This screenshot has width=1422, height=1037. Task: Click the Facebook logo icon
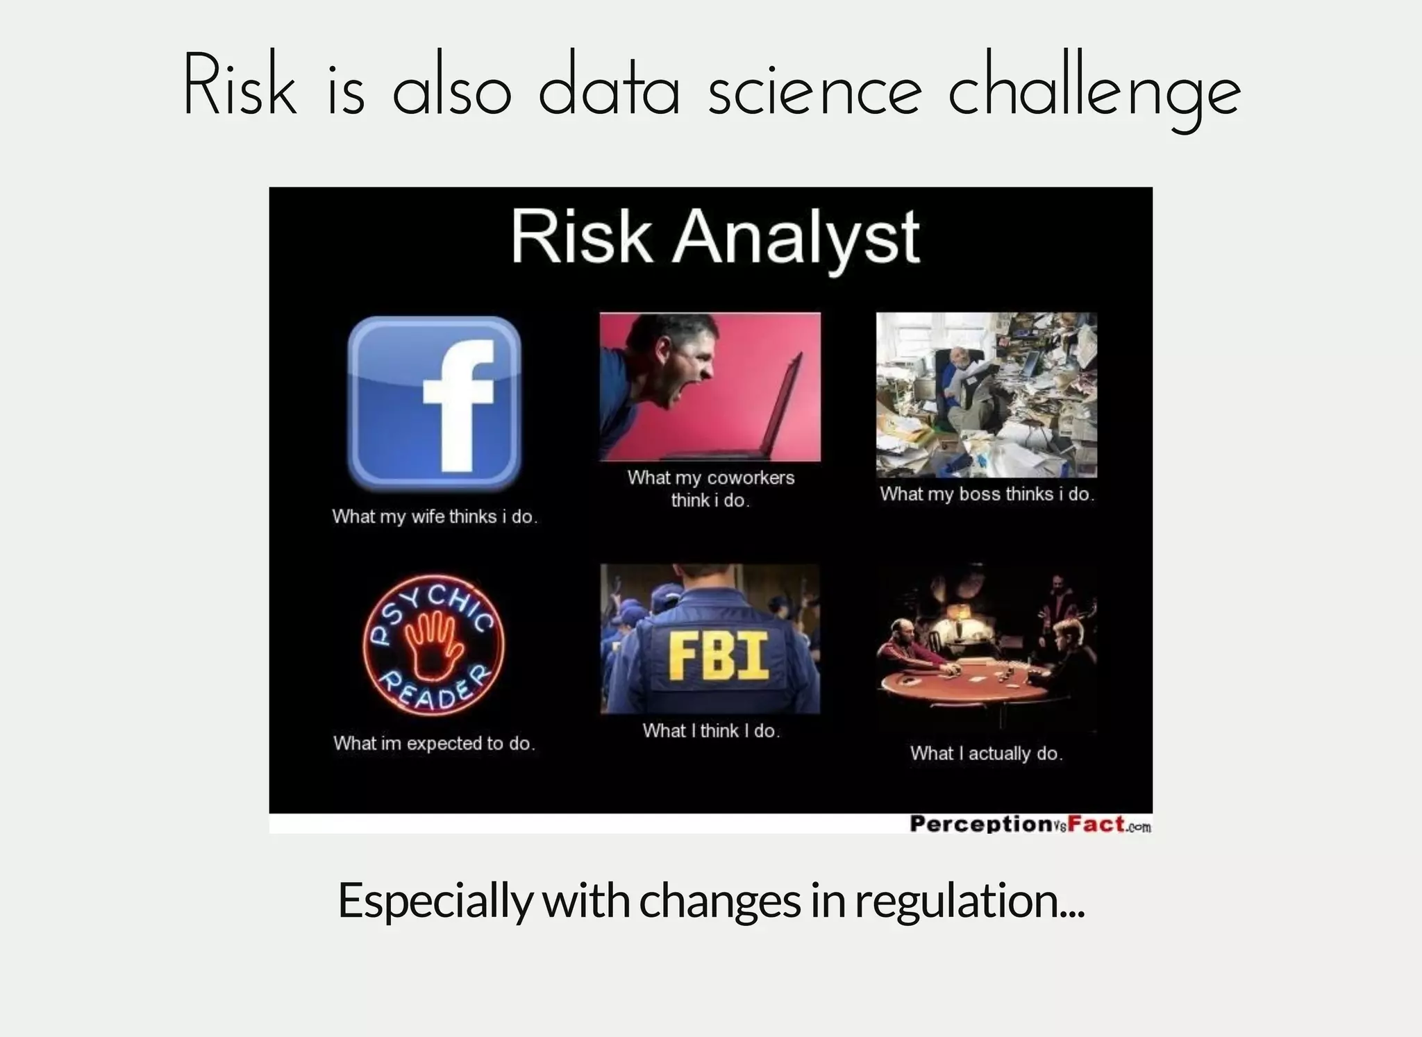434,403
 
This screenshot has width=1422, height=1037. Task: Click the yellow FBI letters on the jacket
718,657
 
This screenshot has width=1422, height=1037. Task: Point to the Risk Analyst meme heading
715,237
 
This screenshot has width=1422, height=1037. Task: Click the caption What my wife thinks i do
435,516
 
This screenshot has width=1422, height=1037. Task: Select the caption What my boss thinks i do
987,494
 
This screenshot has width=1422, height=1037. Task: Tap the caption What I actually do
986,753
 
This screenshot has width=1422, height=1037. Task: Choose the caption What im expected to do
434,743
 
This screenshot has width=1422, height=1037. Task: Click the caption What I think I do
711,731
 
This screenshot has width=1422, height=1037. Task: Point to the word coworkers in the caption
751,478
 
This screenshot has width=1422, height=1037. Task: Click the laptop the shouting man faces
771,416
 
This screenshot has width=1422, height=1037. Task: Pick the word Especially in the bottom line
435,900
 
